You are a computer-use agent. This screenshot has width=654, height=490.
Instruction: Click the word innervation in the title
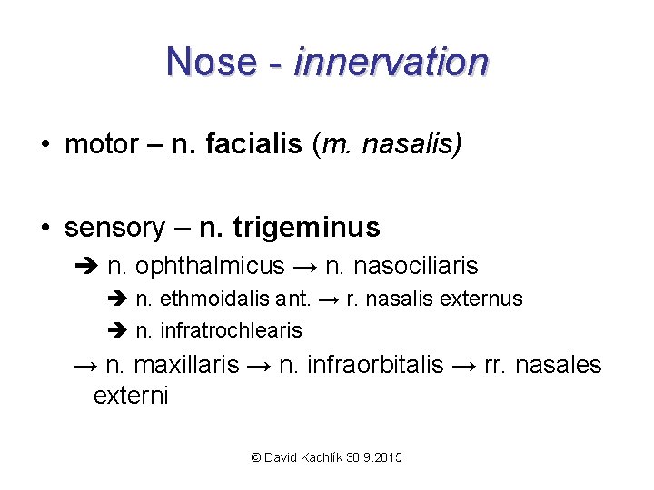pyautogui.click(x=391, y=62)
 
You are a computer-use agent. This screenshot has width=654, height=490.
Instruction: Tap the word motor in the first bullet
pyautogui.click(x=101, y=144)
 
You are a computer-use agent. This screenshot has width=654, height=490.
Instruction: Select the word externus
pyautogui.click(x=486, y=299)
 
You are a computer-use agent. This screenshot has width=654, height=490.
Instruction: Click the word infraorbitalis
pyautogui.click(x=374, y=365)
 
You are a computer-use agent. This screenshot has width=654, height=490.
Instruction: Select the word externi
pyautogui.click(x=131, y=397)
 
